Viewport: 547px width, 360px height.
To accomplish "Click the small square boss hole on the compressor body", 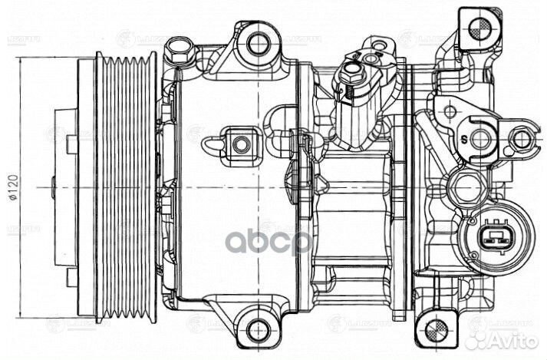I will coord(240,143).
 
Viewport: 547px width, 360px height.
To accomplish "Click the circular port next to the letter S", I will coord(480,139).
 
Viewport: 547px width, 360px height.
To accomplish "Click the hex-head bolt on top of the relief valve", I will coord(351,73).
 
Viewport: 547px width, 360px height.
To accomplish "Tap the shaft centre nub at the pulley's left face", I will coord(53,187).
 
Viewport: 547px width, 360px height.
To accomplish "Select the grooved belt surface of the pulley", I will coord(123,187).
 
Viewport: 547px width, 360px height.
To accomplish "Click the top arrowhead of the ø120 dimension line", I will coord(18,56).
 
